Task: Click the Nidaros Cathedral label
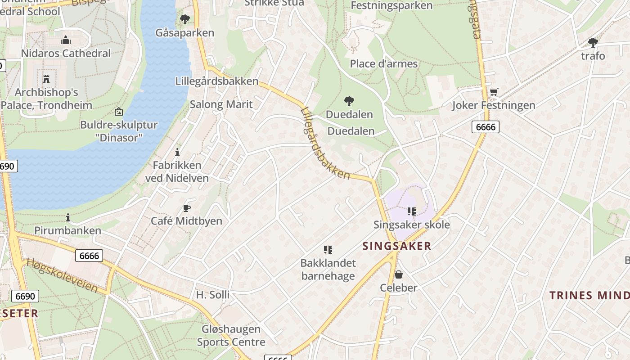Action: point(66,53)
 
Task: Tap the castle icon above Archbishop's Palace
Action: point(46,79)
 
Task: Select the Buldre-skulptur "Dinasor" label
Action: point(119,130)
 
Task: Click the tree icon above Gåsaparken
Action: point(184,19)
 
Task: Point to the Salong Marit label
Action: point(221,104)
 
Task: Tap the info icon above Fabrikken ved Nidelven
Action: point(177,152)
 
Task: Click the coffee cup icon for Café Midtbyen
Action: point(187,208)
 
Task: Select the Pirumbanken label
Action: point(68,231)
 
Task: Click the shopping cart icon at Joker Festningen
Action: point(494,92)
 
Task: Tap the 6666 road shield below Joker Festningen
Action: point(486,127)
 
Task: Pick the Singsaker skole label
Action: point(411,225)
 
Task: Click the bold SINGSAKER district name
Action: point(397,246)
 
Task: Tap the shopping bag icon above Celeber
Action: point(398,274)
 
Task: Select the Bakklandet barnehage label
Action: point(328,269)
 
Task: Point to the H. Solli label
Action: point(212,295)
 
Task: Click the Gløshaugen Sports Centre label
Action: point(231,335)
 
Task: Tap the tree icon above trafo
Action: point(593,43)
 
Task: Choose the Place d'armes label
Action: point(384,64)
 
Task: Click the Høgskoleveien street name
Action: point(62,275)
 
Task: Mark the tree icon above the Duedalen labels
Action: point(349,101)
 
